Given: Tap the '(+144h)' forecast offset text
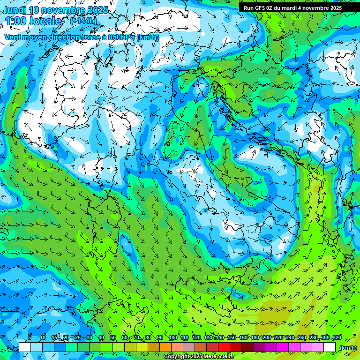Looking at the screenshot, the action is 84,21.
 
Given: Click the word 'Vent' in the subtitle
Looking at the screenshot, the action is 14,37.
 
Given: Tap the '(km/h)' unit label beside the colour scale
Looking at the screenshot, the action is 347,348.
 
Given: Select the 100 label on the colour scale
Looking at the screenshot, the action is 172,337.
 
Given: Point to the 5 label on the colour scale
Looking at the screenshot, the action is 30,337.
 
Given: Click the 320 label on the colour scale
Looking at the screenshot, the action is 336,337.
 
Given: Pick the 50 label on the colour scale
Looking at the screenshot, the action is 113,337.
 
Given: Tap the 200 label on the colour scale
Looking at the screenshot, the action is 266,337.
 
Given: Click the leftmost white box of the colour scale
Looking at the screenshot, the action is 25,347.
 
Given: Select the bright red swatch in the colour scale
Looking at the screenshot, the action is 224,347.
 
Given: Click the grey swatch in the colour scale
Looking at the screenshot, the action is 189,347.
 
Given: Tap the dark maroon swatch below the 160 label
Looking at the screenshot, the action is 247,347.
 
